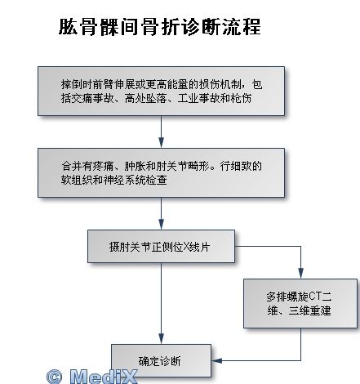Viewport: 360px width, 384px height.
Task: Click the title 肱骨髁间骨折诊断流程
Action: click(x=160, y=27)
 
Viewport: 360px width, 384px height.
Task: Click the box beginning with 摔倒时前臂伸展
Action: click(x=161, y=91)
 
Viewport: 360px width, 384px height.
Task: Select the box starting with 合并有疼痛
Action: click(x=161, y=172)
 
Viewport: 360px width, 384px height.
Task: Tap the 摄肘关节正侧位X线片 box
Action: click(x=161, y=246)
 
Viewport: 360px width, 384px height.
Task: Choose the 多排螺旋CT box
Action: click(x=300, y=303)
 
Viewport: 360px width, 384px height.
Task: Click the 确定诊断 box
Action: click(x=161, y=360)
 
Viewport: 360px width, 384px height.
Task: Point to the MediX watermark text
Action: click(x=104, y=377)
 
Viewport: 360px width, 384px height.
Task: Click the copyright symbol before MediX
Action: click(x=55, y=377)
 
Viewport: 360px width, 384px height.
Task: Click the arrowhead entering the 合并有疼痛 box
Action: click(x=161, y=143)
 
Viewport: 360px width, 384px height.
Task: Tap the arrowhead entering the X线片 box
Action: click(x=161, y=225)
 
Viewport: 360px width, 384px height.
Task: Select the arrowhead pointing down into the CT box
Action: click(x=300, y=274)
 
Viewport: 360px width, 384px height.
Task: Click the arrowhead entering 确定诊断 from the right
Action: click(x=217, y=360)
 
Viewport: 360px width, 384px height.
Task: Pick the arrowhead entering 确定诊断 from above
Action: click(x=161, y=339)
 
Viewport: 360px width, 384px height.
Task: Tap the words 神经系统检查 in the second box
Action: click(x=135, y=180)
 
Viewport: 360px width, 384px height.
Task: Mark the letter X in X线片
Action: click(x=186, y=247)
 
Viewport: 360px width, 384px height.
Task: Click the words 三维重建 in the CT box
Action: click(x=309, y=310)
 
